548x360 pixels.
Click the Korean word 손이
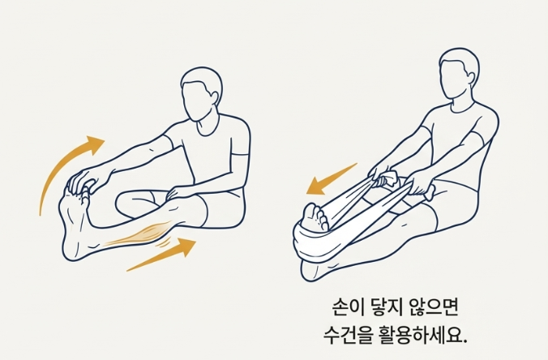tap(348, 306)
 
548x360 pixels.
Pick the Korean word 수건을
tap(346, 333)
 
